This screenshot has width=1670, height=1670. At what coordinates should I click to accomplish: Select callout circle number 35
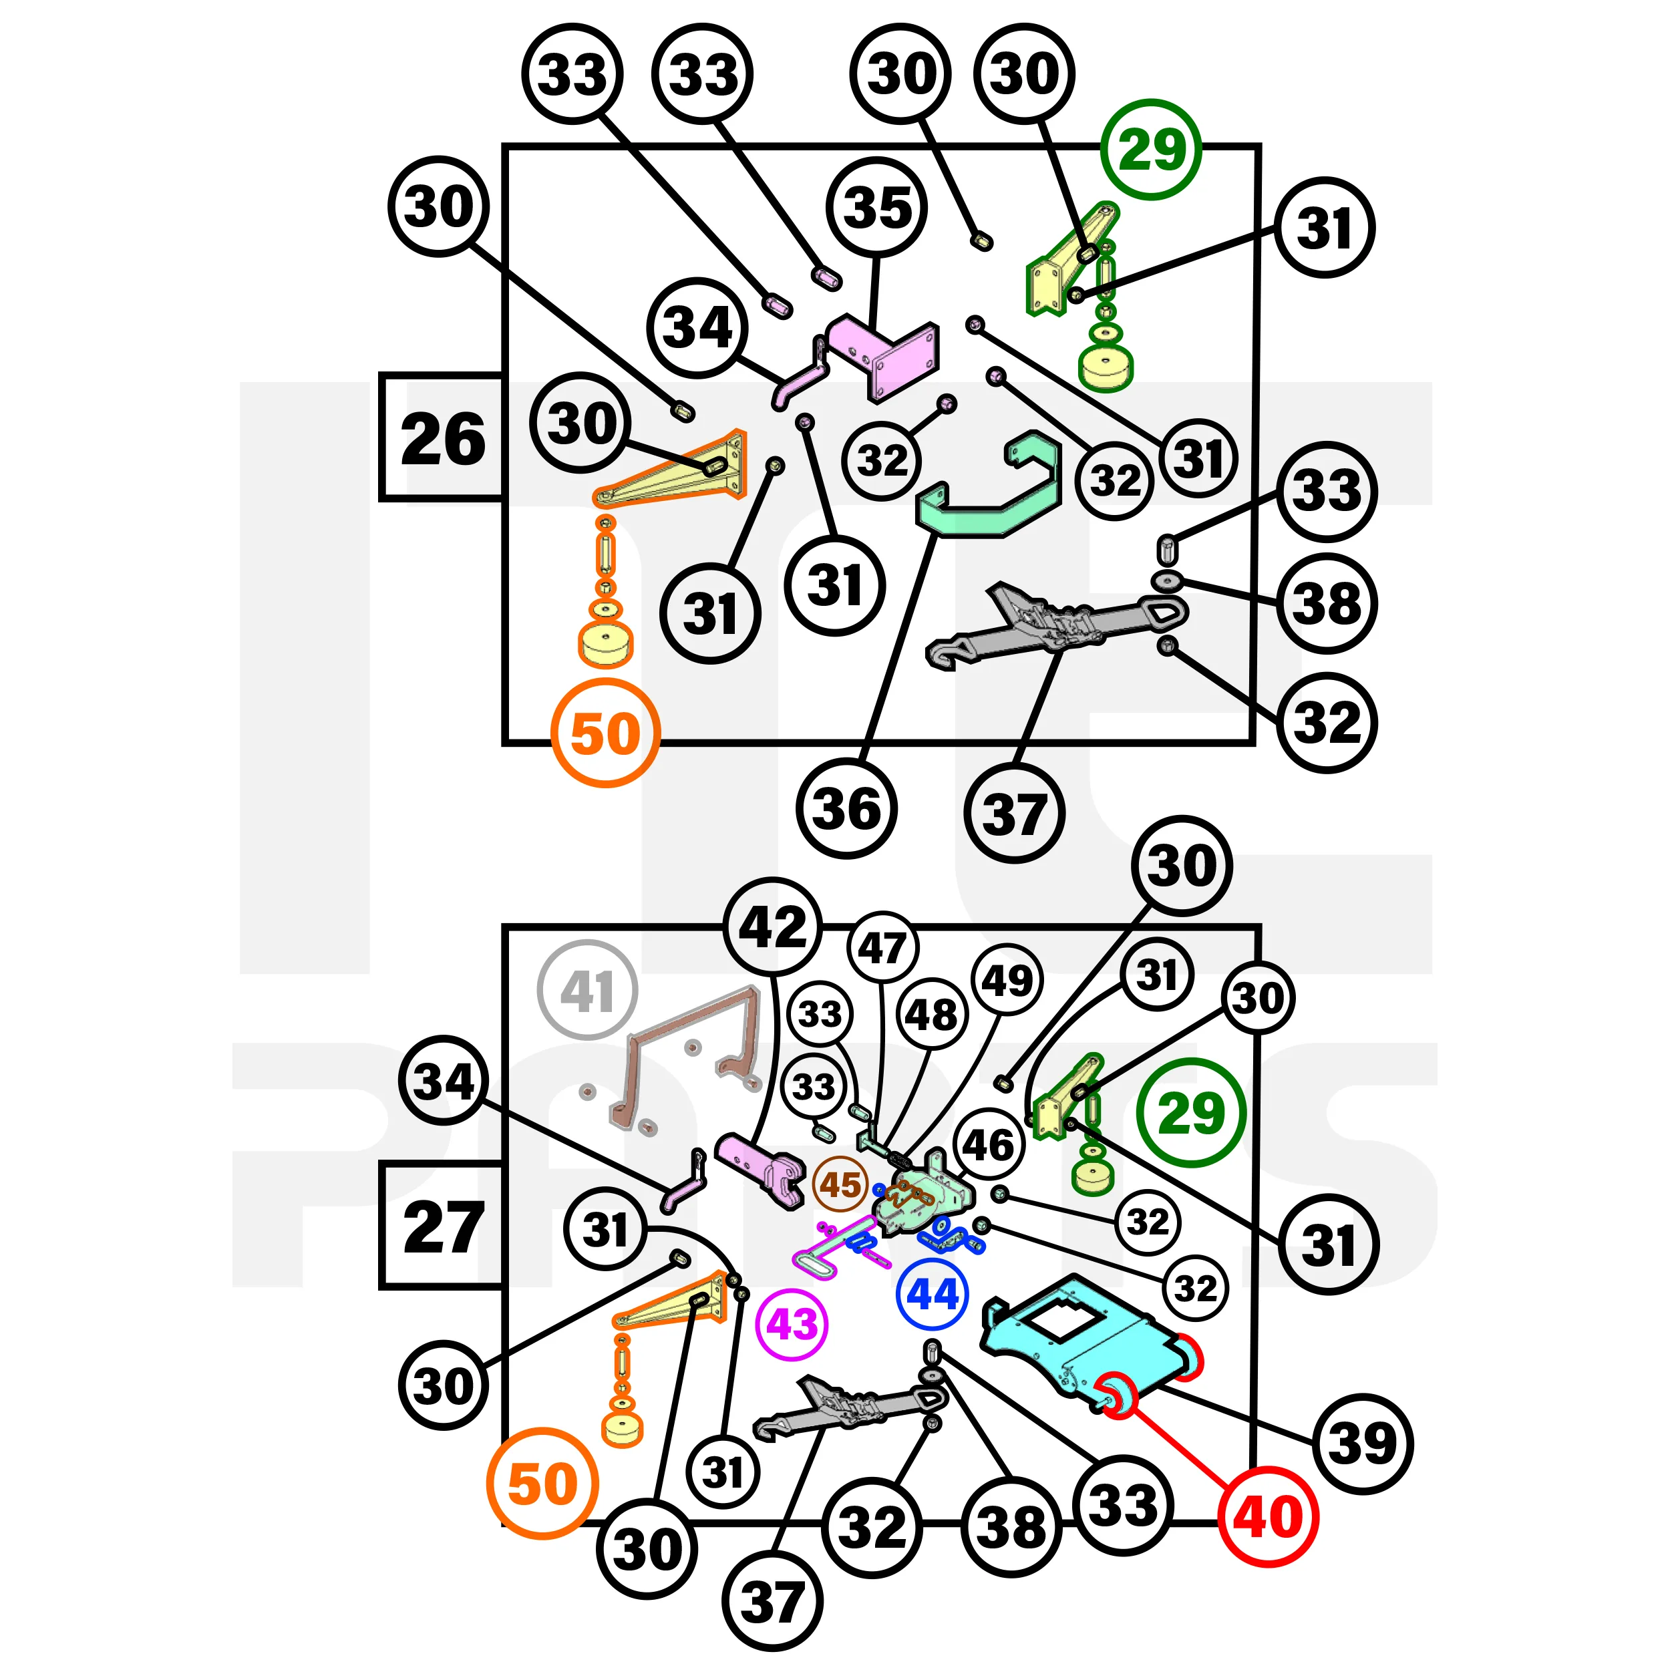click(x=876, y=208)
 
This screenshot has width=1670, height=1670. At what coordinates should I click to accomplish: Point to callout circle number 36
click(x=847, y=809)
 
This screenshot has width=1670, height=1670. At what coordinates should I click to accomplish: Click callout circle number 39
click(x=1362, y=1443)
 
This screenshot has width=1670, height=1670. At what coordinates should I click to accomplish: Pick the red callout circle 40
click(x=1268, y=1517)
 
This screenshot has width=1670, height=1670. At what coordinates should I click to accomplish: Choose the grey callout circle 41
click(x=587, y=991)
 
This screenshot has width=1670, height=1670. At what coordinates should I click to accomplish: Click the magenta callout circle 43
click(x=791, y=1324)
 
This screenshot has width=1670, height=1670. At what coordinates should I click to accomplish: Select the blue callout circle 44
click(x=933, y=1295)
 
